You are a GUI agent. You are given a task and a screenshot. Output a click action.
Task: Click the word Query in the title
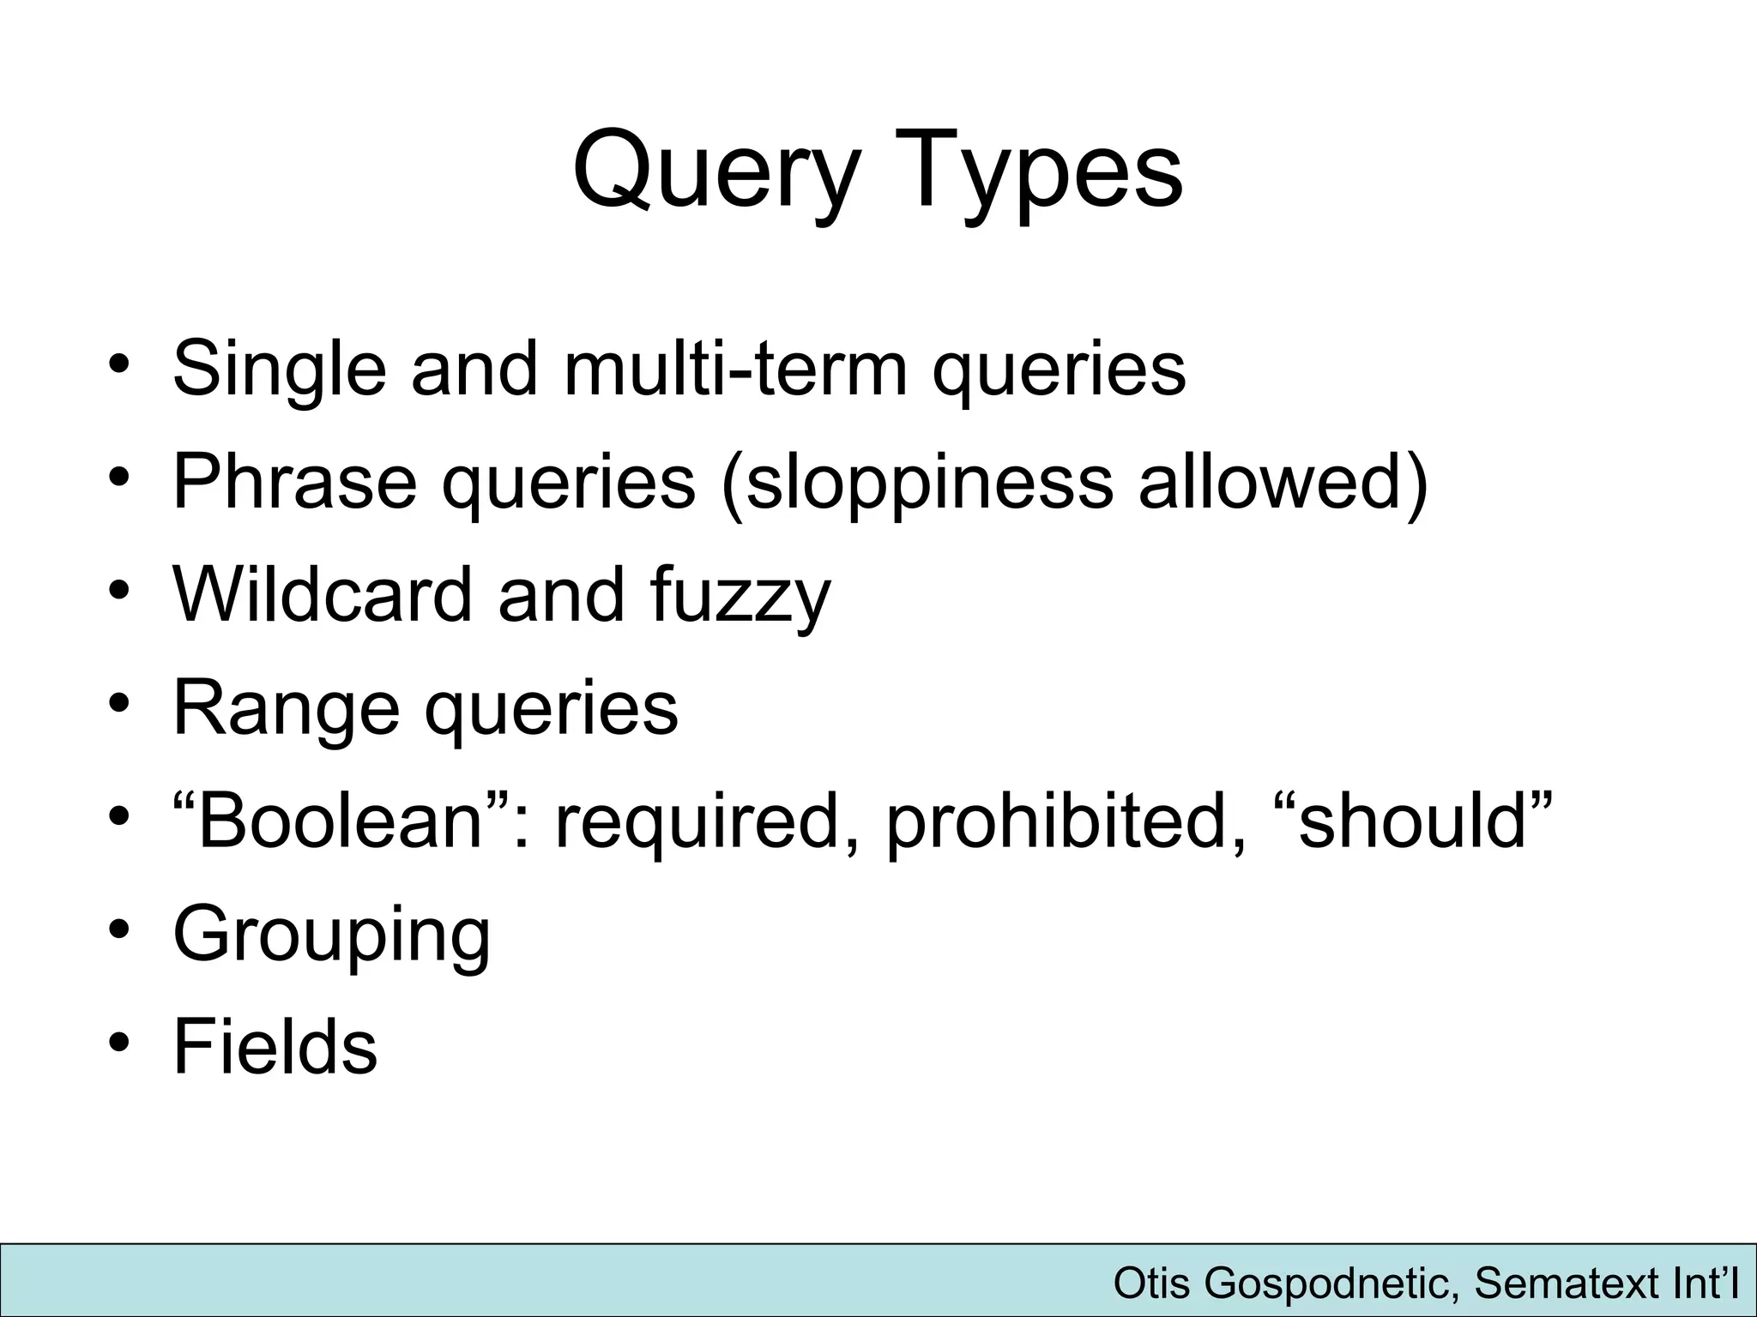pyautogui.click(x=716, y=171)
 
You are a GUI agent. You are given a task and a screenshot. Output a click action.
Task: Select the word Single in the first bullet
pyautogui.click(x=279, y=370)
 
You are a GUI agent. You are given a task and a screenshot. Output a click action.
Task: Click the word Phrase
pyautogui.click(x=295, y=481)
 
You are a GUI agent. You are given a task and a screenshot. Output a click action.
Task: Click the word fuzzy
pyautogui.click(x=740, y=596)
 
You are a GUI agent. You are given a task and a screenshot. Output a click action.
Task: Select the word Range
pyautogui.click(x=287, y=709)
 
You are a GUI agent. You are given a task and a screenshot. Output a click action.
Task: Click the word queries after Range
pyautogui.click(x=552, y=709)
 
